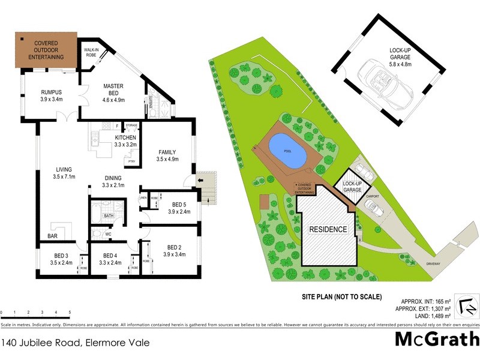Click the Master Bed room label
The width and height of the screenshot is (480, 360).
coord(113,90)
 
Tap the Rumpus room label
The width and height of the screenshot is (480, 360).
coord(52,95)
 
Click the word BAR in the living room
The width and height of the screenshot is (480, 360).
coord(53,236)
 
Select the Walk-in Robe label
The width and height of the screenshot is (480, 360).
coord(91,52)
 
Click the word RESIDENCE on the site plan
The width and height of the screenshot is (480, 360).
coord(328,229)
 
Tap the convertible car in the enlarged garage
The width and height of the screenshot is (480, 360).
coord(383,85)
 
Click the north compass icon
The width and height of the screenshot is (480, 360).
coord(467,305)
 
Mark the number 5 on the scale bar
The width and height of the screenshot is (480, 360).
coord(70,313)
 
